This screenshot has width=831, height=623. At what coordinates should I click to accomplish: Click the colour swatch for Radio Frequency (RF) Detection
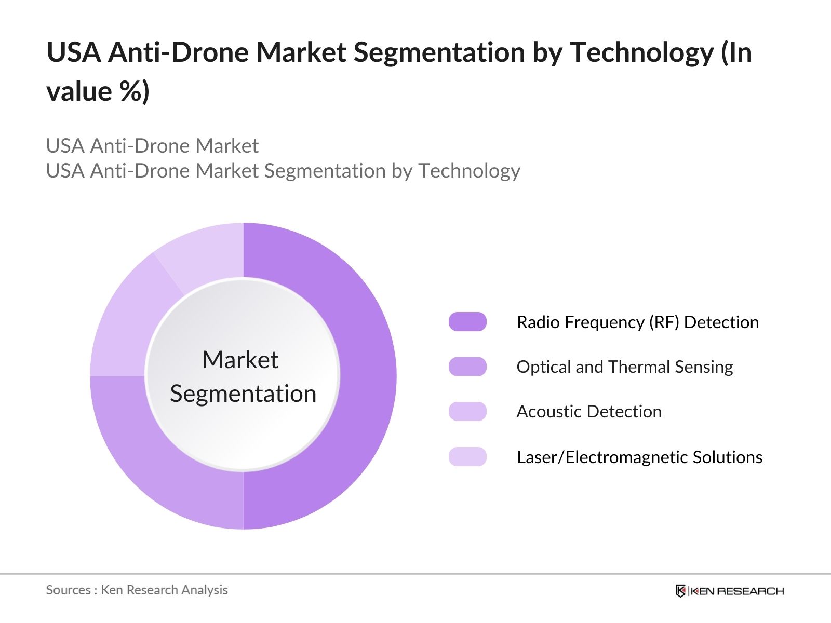[x=467, y=322]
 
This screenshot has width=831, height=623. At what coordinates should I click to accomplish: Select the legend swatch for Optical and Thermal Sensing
[x=467, y=367]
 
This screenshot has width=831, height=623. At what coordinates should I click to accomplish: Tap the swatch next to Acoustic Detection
[x=467, y=411]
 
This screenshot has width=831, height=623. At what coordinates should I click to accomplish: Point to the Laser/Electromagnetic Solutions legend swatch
[x=467, y=457]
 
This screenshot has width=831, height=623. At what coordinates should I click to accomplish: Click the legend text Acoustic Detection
[x=589, y=411]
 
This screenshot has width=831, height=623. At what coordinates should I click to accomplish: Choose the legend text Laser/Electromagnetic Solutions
[x=639, y=457]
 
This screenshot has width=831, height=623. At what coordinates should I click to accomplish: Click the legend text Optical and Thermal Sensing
[x=624, y=367]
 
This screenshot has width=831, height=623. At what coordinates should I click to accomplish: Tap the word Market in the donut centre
[x=240, y=360]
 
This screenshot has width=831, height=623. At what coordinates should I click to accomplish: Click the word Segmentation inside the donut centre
[x=243, y=394]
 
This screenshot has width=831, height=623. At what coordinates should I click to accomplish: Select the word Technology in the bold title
[x=641, y=52]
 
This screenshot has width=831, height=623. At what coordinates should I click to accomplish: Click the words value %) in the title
[x=98, y=91]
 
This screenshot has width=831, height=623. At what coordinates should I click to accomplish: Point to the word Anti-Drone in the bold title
[x=175, y=52]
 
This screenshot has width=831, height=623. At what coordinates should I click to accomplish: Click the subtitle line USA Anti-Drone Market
[x=152, y=146]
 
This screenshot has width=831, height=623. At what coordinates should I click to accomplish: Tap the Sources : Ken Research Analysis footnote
[x=137, y=590]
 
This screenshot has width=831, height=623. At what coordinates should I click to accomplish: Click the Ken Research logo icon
[x=680, y=591]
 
